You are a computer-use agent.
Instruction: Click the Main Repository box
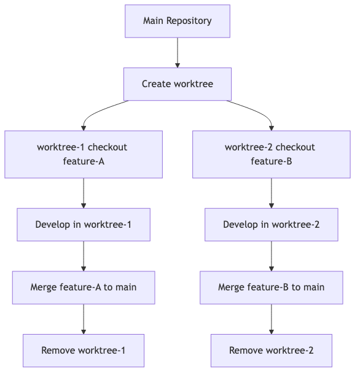tap(177, 21)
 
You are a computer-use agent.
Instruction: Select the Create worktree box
tap(177, 84)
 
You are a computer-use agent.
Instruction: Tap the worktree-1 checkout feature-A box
tap(84, 154)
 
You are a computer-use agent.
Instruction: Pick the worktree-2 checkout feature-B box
tap(271, 154)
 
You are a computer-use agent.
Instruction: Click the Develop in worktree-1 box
tap(84, 224)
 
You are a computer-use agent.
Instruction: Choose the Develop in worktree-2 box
tap(271, 224)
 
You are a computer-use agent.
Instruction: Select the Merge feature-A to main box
tap(84, 287)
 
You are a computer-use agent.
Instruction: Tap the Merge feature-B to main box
tap(271, 287)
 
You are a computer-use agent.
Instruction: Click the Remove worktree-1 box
tap(84, 350)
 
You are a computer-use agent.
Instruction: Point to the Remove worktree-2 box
tap(271, 350)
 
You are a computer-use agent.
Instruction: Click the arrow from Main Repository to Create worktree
tap(177, 52)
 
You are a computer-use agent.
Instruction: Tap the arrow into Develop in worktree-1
tap(84, 193)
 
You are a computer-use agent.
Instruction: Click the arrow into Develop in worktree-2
tap(271, 193)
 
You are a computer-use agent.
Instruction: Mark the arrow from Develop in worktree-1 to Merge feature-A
tap(84, 256)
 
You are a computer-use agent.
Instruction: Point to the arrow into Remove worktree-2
tap(271, 319)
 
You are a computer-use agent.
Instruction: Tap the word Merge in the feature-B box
tap(231, 287)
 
